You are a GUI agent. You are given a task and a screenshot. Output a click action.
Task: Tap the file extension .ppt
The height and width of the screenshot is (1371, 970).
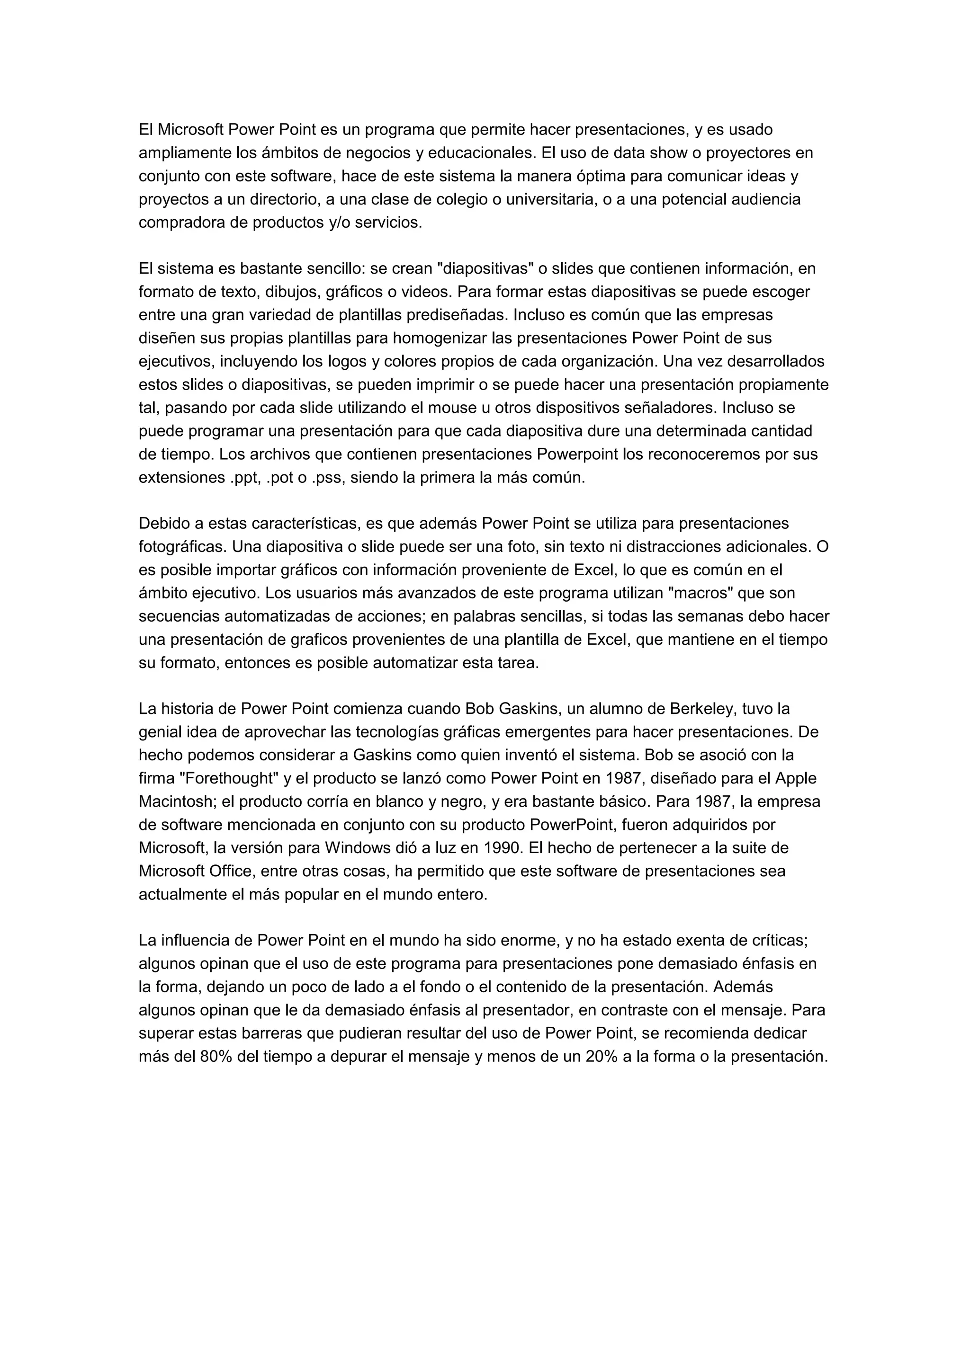click(243, 478)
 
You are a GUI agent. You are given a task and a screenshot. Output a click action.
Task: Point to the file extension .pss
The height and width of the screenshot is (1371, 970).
click(328, 478)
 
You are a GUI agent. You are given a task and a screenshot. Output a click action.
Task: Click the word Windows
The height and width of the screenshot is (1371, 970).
click(354, 848)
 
